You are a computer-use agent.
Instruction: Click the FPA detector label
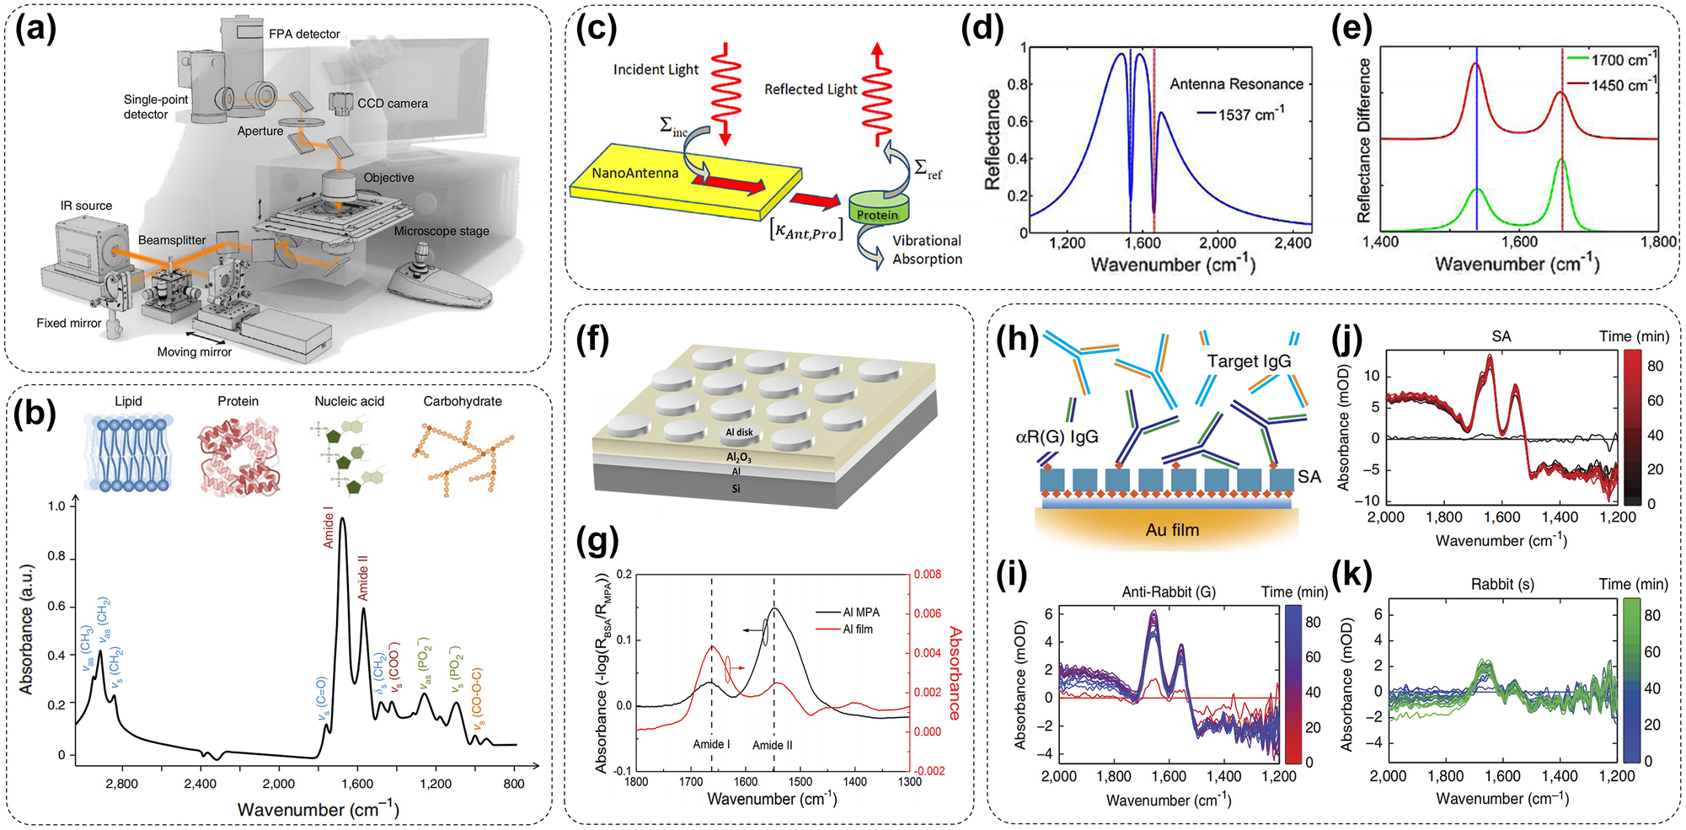coord(304,35)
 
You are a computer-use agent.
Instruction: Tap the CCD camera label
coord(392,104)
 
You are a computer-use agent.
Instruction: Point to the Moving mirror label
coord(194,352)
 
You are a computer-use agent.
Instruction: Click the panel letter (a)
coord(35,29)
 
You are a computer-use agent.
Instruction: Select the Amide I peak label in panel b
coord(329,527)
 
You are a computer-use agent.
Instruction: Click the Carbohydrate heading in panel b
coord(462,401)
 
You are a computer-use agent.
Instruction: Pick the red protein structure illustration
coord(238,458)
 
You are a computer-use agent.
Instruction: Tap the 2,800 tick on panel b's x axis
coord(122,784)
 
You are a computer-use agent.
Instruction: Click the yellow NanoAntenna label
coord(634,174)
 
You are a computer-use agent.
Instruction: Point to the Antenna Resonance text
coord(1236,84)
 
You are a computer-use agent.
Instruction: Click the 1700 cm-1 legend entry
coord(1618,60)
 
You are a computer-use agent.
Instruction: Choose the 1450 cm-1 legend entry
coord(1618,85)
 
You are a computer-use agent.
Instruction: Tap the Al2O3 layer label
coord(738,458)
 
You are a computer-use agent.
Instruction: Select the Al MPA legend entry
coord(860,613)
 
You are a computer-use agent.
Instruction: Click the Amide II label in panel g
coord(772,745)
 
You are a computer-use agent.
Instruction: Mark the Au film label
coord(1172,530)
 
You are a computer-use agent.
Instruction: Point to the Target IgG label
coord(1248,361)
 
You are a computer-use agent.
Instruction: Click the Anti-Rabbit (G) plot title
coord(1168,592)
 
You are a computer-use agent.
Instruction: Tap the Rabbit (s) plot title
coord(1502,585)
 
